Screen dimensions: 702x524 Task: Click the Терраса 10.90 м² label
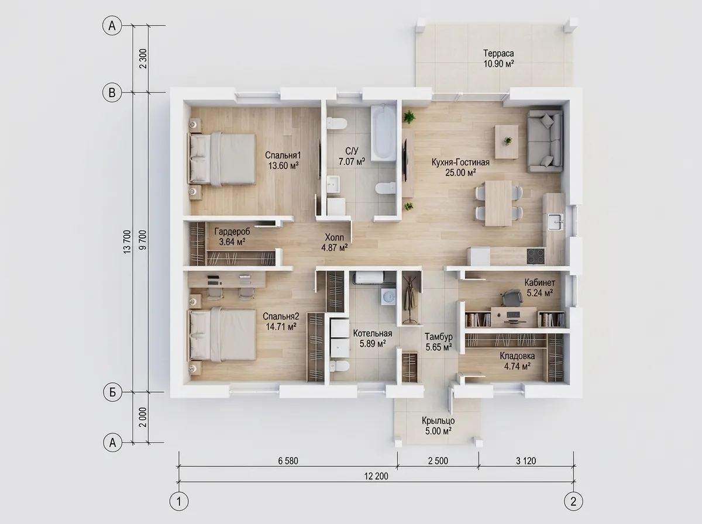498,58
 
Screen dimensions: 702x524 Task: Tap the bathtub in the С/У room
383,133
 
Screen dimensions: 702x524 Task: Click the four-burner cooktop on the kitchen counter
536,256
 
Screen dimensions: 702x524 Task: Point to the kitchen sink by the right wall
556,222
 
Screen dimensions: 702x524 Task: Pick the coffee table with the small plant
507,142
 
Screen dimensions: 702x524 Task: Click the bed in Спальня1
222,159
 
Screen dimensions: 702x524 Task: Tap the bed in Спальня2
223,335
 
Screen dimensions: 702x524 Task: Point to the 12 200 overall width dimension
376,476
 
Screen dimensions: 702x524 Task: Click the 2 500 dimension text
438,461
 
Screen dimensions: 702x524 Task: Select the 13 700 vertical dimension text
128,242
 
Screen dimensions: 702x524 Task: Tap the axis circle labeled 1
179,501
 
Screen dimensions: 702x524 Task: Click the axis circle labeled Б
112,392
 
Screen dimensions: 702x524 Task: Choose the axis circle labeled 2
573,501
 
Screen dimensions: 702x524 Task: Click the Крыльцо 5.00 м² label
438,426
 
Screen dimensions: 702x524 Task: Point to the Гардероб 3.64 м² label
232,236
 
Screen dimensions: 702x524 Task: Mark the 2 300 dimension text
143,58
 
